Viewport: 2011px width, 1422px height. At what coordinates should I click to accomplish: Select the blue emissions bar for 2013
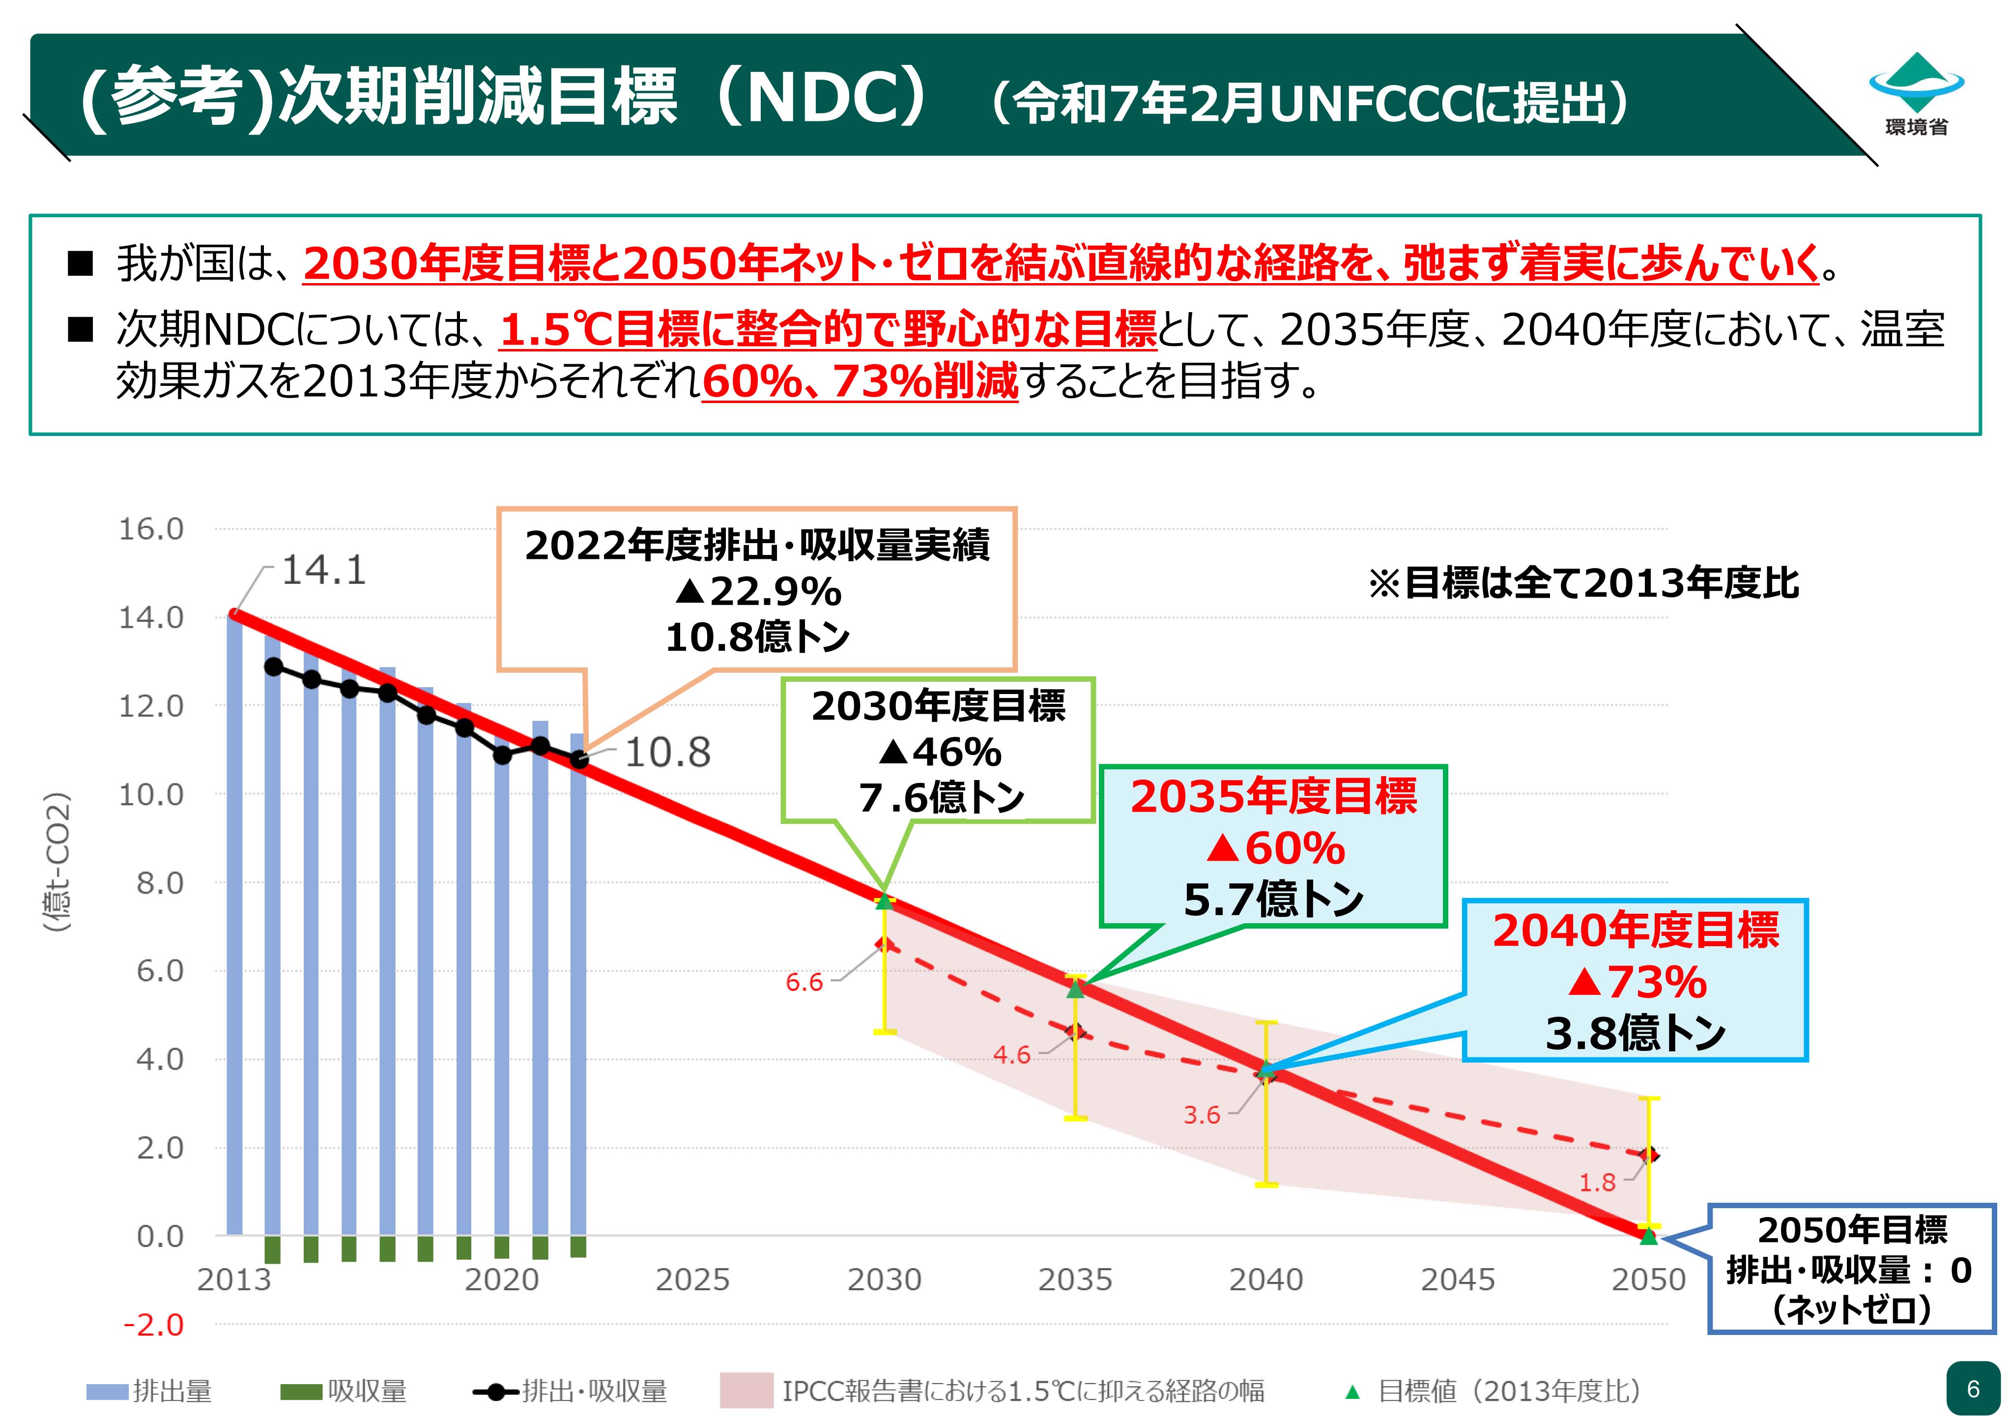pyautogui.click(x=235, y=925)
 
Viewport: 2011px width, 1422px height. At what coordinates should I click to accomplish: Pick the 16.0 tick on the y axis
pyautogui.click(x=151, y=529)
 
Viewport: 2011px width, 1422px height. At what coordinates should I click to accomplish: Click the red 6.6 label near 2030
pyautogui.click(x=804, y=982)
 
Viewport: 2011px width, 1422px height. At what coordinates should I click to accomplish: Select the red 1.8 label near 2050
pyautogui.click(x=1597, y=1183)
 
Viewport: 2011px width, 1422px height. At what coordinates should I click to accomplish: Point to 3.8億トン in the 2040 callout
pyautogui.click(x=1635, y=1033)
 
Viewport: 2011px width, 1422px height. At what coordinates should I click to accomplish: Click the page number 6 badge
pyautogui.click(x=1973, y=1389)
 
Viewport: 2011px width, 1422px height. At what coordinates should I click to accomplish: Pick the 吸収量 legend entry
pyautogui.click(x=344, y=1391)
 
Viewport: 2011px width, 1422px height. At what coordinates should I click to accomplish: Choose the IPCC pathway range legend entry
pyautogui.click(x=992, y=1391)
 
